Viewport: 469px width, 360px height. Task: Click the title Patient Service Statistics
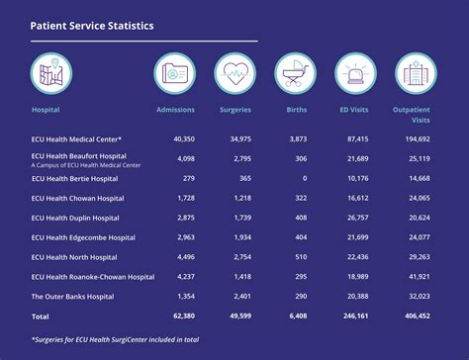point(92,26)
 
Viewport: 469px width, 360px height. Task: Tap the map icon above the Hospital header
point(51,72)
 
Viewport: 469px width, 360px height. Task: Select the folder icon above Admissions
point(175,72)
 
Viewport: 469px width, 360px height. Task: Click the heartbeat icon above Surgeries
point(235,72)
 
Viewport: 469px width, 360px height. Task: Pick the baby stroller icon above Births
point(295,72)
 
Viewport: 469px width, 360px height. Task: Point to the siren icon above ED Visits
point(355,72)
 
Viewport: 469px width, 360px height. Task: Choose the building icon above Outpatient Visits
point(416,72)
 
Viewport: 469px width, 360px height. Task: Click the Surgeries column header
point(234,109)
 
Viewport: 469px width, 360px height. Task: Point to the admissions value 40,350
point(183,139)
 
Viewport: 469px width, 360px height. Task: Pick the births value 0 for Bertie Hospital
point(305,178)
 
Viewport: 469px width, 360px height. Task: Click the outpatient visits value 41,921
point(419,277)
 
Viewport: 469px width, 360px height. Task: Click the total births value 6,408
point(297,316)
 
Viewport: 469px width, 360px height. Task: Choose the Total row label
point(42,316)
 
